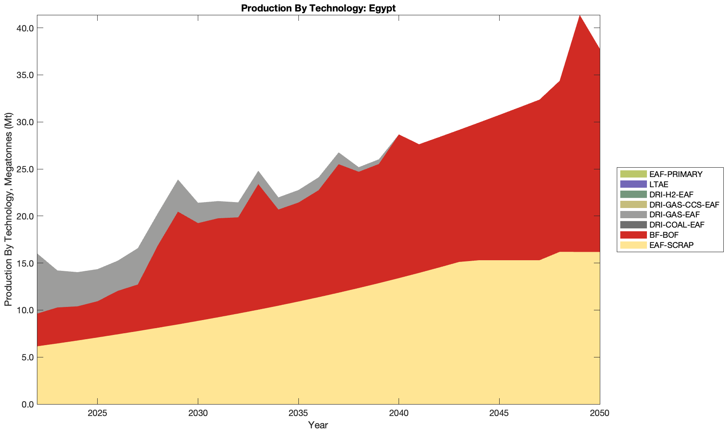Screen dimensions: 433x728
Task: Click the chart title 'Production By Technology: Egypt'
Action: coord(318,8)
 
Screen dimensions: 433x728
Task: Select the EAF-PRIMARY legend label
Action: coord(676,174)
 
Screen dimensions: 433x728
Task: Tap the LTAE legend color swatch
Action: coord(633,184)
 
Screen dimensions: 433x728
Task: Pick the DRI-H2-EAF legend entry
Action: coord(671,194)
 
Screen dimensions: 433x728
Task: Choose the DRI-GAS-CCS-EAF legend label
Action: coord(684,205)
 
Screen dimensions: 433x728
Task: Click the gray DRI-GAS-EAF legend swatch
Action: coord(633,215)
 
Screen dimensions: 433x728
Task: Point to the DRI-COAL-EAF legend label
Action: coord(677,225)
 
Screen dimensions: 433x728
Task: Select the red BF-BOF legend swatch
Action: coord(633,235)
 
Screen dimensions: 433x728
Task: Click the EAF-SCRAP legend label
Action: coord(671,245)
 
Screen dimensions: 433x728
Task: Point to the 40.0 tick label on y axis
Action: coord(25,28)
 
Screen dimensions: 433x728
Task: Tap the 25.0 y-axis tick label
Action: coord(25,169)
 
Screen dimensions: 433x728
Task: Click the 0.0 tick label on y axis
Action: coord(27,404)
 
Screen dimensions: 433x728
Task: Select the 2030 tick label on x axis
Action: coord(198,413)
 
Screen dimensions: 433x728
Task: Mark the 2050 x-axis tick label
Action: coord(599,413)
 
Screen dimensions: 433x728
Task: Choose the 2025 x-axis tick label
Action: coord(98,413)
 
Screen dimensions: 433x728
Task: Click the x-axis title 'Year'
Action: coord(318,425)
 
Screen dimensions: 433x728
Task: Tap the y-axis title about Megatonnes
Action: coord(8,209)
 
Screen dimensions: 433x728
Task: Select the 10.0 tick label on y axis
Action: coord(25,310)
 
